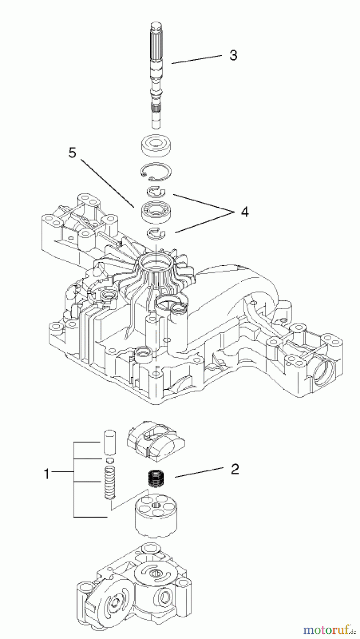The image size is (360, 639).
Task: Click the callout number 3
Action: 233,55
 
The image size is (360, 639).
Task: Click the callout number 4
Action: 244,212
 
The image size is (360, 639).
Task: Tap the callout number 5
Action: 72,153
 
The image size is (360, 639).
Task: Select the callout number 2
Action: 235,469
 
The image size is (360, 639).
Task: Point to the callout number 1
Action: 47,474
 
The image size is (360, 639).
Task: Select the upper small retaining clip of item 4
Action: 156,192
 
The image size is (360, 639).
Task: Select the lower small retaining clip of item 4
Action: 156,233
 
